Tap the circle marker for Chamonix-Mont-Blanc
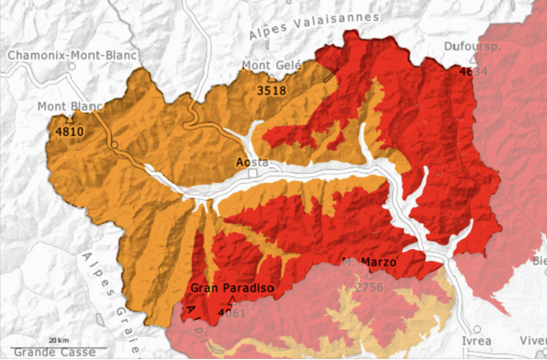coord(71,67)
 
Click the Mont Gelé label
coord(272,65)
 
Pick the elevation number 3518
coord(272,90)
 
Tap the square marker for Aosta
coord(253,174)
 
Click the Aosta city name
coord(252,162)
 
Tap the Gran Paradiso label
coord(232,288)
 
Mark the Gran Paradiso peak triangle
coord(231,300)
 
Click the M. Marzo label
coord(369,262)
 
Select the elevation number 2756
coord(370,287)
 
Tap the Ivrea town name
coord(476,341)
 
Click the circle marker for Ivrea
coord(477,329)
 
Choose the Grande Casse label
coord(54,353)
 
